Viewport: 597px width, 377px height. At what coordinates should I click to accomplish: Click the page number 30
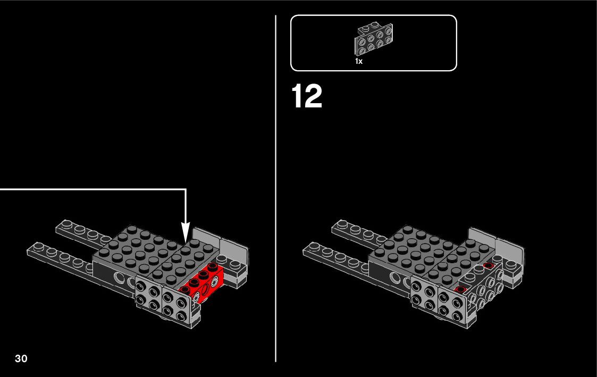pyautogui.click(x=21, y=358)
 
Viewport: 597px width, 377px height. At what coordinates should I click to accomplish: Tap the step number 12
pyautogui.click(x=307, y=97)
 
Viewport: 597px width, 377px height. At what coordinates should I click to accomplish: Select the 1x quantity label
pyautogui.click(x=359, y=61)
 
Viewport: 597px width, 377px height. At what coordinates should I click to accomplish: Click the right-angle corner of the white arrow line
pyautogui.click(x=186, y=189)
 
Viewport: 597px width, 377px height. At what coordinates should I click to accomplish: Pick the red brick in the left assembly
pyautogui.click(x=203, y=282)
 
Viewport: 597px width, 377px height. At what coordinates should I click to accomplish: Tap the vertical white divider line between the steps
pyautogui.click(x=276, y=188)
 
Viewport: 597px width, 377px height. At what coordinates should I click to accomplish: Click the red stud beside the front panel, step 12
pyautogui.click(x=460, y=290)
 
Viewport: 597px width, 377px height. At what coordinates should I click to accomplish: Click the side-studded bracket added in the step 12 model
pyautogui.click(x=482, y=287)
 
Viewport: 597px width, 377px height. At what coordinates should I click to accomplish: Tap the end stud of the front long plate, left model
pyautogui.click(x=38, y=247)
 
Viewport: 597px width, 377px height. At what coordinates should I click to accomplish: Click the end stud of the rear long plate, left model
pyautogui.click(x=67, y=223)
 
